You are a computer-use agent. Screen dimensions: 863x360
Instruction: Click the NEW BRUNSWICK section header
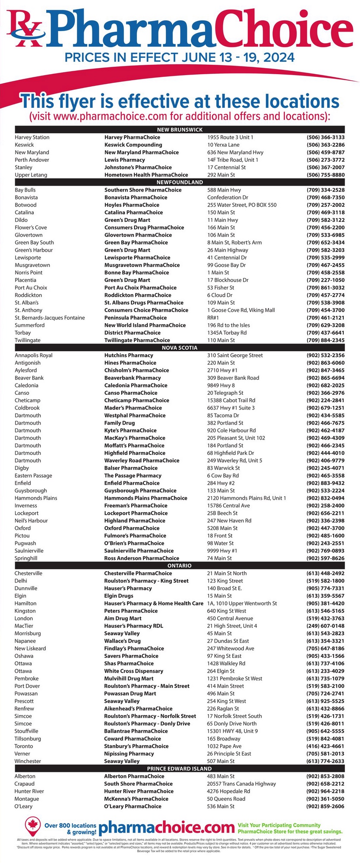coord(180,129)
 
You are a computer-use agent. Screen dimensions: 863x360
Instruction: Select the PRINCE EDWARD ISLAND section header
coord(180,769)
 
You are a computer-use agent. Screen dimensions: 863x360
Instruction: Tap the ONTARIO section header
coord(180,566)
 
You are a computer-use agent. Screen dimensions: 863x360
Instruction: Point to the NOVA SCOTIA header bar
coord(180,348)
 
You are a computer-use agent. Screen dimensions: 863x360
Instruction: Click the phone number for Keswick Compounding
coord(325,145)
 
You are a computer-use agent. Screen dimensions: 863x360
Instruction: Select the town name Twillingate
coord(28,340)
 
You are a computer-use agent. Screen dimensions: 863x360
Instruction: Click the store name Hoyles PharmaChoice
coord(132,205)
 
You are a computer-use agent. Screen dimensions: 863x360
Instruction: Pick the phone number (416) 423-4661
coord(325,746)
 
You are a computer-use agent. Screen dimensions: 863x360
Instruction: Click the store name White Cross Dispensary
coord(134,671)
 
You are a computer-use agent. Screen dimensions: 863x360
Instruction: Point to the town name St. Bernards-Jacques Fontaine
coord(50,318)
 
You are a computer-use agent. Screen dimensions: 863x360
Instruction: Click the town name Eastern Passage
coord(33,476)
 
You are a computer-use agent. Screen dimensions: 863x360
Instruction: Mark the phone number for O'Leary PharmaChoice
coord(325,806)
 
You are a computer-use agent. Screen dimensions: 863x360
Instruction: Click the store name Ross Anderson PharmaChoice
coord(142,558)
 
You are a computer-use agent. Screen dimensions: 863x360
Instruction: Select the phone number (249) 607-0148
coord(325,626)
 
